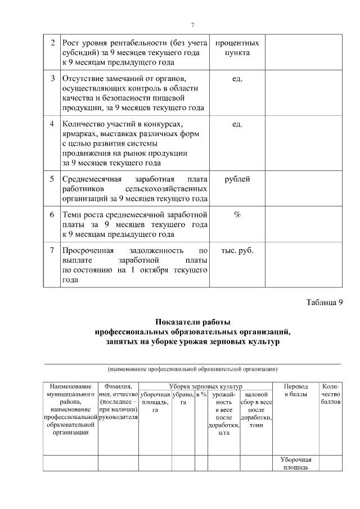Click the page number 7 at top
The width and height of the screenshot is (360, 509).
click(192, 25)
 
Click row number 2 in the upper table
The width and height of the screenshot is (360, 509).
click(52, 43)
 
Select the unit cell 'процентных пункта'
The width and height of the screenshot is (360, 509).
click(237, 48)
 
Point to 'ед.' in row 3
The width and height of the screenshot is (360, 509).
click(237, 78)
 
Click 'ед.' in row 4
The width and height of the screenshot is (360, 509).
click(237, 123)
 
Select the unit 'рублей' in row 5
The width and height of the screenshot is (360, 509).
click(237, 179)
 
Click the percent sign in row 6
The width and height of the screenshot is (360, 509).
click(237, 214)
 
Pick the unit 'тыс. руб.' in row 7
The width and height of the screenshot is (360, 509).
click(237, 250)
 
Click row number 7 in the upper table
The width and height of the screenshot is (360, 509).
click(52, 250)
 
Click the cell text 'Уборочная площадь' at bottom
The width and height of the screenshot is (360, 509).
click(295, 463)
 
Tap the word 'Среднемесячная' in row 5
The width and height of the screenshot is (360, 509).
click(90, 179)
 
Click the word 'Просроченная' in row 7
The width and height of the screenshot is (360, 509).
click(88, 250)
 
